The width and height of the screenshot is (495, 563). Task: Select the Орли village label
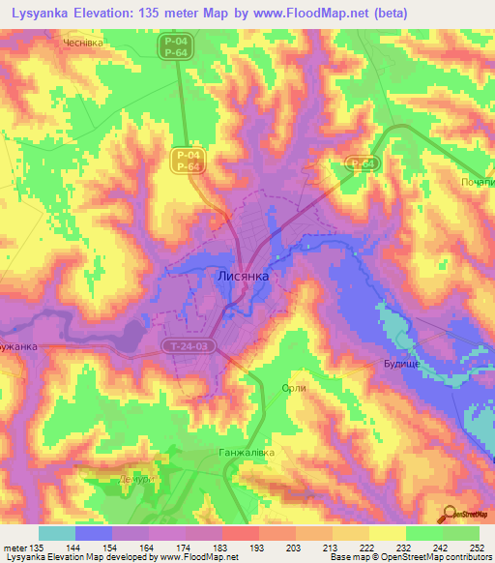(293, 388)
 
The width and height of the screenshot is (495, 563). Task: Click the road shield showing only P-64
(362, 164)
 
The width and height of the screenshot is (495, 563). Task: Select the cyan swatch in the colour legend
(57, 533)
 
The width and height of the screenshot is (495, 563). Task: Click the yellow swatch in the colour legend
(388, 533)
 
